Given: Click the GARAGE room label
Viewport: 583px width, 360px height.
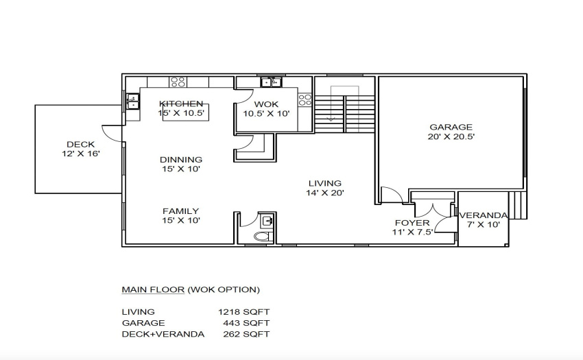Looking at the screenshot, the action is point(451,127).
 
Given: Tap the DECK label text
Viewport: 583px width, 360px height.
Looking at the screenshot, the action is point(81,144).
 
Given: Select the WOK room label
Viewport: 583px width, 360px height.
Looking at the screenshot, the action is point(266,104).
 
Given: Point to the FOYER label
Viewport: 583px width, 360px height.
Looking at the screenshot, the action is point(412,223).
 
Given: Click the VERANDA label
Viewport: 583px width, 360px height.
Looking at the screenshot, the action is point(484,215).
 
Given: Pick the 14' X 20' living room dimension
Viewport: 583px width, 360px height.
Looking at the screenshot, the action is point(325,193).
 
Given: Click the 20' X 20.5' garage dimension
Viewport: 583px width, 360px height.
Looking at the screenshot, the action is point(451,136).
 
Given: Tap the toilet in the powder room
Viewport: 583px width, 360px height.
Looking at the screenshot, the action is point(263,236).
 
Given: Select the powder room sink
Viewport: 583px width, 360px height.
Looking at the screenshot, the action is point(267,221).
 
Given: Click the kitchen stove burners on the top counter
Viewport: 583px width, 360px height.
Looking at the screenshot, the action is point(178,82).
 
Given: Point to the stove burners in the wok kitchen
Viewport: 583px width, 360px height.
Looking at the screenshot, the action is point(305,99).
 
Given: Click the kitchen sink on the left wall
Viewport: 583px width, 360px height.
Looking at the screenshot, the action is point(133,101).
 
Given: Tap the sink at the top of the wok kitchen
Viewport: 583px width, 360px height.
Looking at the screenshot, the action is point(271,82).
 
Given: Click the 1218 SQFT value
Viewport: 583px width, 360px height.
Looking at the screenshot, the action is point(244,311).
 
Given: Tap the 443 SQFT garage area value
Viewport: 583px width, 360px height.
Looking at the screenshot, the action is point(246,323).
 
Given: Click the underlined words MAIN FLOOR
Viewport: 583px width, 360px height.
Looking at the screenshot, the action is point(153,289).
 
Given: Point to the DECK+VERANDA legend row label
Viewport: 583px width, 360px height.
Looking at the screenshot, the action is point(163,334).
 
